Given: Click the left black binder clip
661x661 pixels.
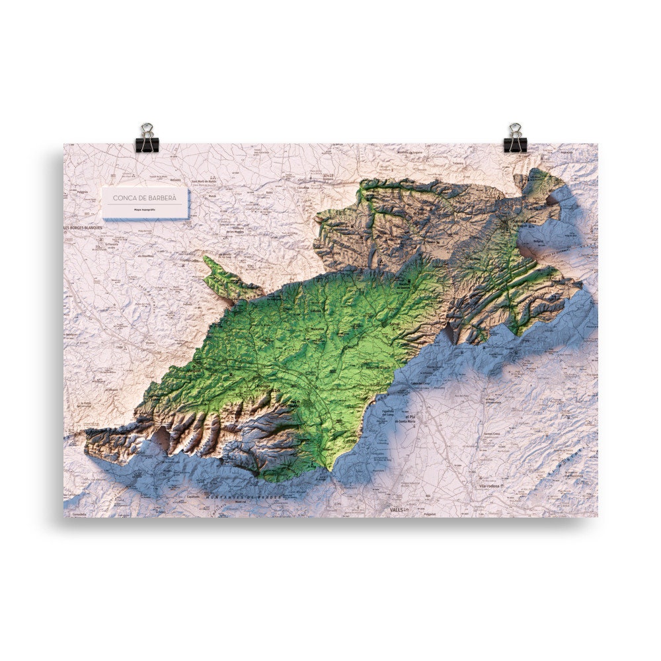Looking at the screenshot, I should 146,138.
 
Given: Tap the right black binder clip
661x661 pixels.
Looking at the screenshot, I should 515,138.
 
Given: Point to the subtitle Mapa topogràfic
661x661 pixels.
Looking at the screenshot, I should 145,209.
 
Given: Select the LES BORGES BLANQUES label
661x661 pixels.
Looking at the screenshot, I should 83,228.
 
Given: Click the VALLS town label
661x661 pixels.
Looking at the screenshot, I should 396,510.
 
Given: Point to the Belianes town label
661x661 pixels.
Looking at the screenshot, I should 175,180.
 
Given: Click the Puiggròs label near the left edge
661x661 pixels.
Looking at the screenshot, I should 83,192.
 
